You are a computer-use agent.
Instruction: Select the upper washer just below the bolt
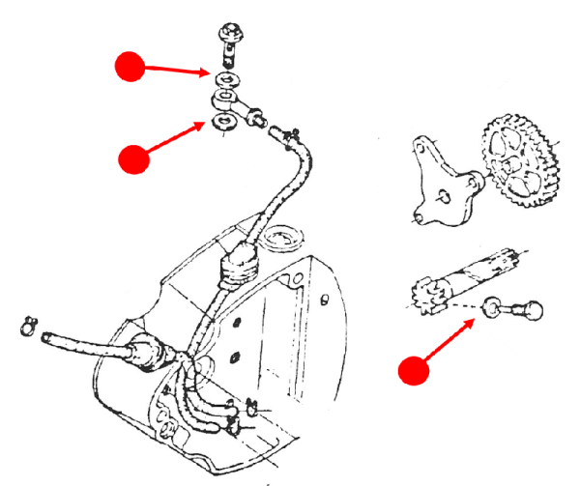(228, 77)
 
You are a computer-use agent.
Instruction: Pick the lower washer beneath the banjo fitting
(225, 121)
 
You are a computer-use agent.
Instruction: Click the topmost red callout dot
(130, 67)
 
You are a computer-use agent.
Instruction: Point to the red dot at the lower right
(414, 371)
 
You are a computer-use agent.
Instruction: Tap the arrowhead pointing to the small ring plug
(474, 321)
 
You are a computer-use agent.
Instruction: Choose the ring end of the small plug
(494, 310)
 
